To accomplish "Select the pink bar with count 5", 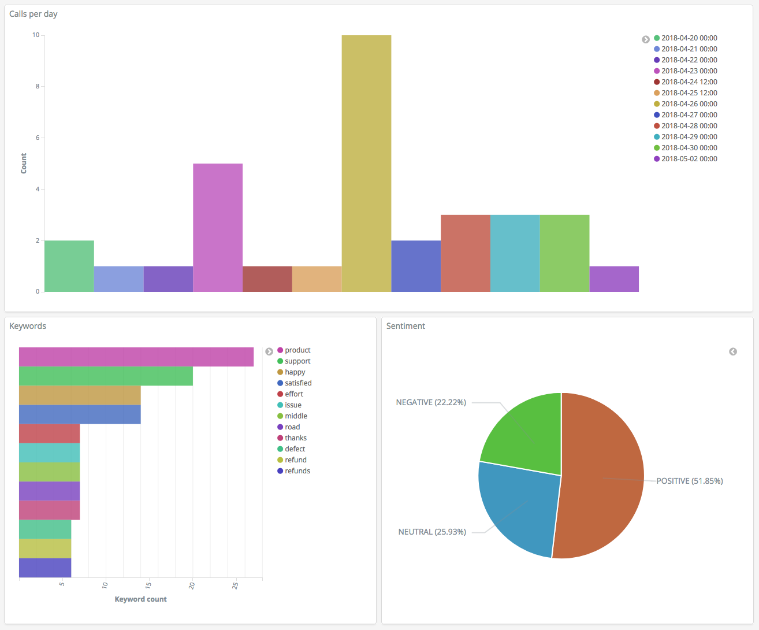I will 218,228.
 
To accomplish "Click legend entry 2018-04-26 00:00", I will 689,104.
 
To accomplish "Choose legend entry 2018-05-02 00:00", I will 689,159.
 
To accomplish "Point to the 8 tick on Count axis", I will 38,87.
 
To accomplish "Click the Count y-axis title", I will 24,164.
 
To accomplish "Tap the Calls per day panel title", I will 34,14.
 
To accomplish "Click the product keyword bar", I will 136,357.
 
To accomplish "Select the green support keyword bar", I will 106,376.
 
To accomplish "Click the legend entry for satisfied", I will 297,383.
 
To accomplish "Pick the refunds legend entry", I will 297,471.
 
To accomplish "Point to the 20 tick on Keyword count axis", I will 192,585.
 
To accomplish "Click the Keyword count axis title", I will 140,599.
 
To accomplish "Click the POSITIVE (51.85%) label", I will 689,481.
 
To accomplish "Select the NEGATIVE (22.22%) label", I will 431,402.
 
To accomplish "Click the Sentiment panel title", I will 405,326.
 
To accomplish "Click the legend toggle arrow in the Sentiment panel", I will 733,351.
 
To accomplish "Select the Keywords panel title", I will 28,326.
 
